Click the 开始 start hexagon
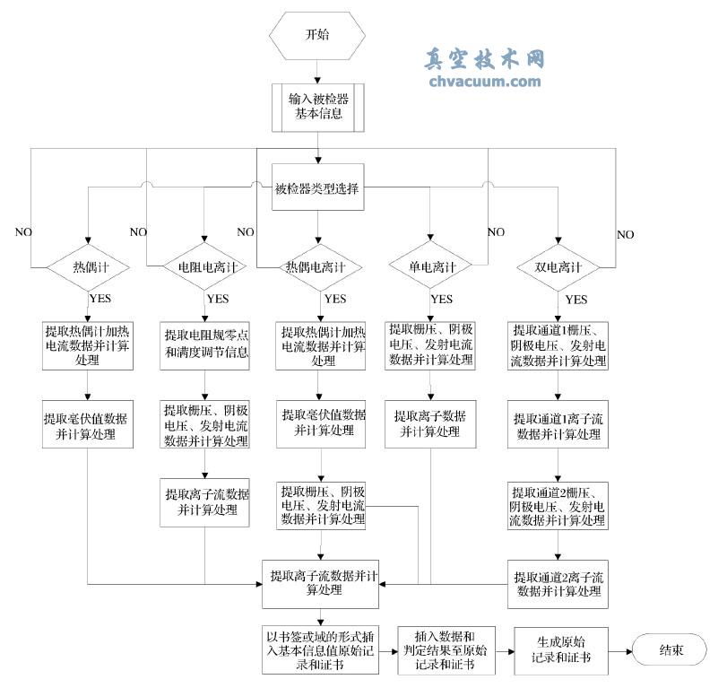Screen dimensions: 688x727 tap(317, 37)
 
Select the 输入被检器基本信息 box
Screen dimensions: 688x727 tap(317, 107)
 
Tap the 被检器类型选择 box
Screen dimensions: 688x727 tap(317, 188)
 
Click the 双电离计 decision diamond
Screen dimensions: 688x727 tap(558, 267)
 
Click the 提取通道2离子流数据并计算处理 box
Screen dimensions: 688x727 tap(558, 583)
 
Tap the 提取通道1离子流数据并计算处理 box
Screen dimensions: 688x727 tap(558, 427)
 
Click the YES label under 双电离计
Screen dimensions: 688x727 tap(577, 299)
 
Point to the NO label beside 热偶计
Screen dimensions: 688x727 tap(22, 232)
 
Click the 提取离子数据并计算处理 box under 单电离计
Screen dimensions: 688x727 tap(433, 423)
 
